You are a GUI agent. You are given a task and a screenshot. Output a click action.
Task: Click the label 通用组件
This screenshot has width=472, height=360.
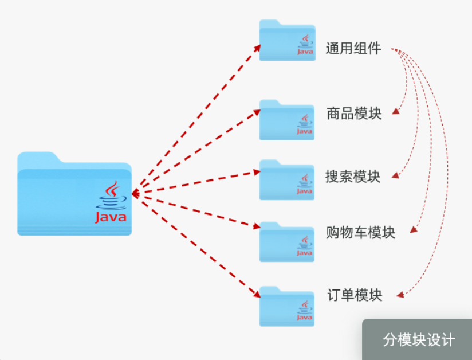point(353,48)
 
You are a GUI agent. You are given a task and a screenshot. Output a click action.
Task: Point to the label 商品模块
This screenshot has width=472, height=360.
point(354,113)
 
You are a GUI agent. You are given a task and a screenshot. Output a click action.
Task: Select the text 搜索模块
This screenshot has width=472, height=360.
point(353,176)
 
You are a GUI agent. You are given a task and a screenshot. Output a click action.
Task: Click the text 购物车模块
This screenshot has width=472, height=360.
point(360,232)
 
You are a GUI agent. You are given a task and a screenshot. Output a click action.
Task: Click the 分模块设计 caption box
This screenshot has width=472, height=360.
point(419,339)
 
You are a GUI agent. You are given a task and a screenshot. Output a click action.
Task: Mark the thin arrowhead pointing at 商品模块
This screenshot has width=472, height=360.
point(395,114)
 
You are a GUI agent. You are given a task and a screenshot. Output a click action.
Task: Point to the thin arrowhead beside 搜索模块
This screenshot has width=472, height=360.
point(395,177)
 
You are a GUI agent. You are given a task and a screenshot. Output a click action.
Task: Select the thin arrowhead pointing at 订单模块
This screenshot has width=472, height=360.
point(399,296)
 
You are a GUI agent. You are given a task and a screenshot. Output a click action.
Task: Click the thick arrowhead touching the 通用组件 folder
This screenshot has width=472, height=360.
point(258,47)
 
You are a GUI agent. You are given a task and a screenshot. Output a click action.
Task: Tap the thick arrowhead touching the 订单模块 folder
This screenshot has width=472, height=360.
point(256,296)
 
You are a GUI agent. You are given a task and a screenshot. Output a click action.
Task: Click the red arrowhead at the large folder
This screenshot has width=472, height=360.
point(135,194)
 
